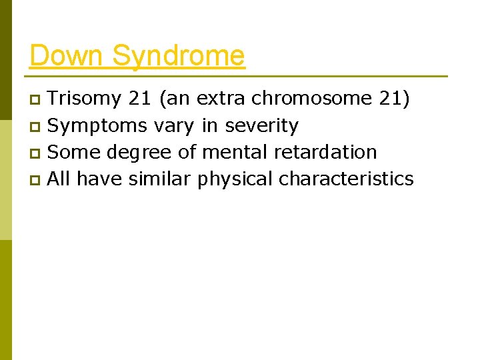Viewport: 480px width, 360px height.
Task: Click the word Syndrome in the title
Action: (178, 57)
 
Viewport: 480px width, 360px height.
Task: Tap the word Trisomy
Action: (85, 99)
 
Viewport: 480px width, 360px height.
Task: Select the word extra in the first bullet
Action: (222, 99)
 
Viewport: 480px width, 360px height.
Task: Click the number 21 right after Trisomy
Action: (141, 99)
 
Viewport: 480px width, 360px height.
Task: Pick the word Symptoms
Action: (98, 126)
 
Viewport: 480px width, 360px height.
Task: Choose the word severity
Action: (262, 126)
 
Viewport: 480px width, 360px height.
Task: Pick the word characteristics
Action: (346, 179)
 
